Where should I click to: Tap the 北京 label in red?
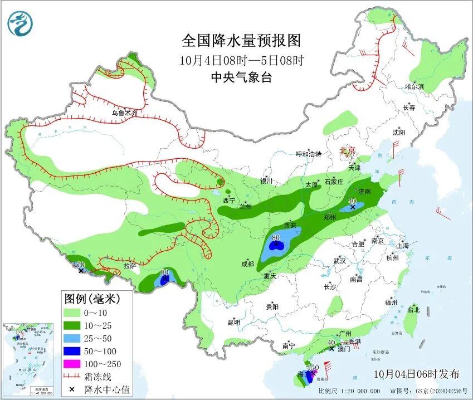point(348,150)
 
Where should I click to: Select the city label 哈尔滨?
point(415,87)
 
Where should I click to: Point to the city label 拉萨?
point(130,266)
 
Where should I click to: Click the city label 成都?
point(248,264)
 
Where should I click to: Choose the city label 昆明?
point(233,323)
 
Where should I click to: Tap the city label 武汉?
point(339,261)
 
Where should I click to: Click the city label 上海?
point(402,246)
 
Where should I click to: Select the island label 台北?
point(413,309)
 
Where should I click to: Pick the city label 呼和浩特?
point(308,154)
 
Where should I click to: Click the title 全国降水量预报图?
point(241,41)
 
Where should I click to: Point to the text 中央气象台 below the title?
point(241,78)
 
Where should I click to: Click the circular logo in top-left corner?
point(20,23)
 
